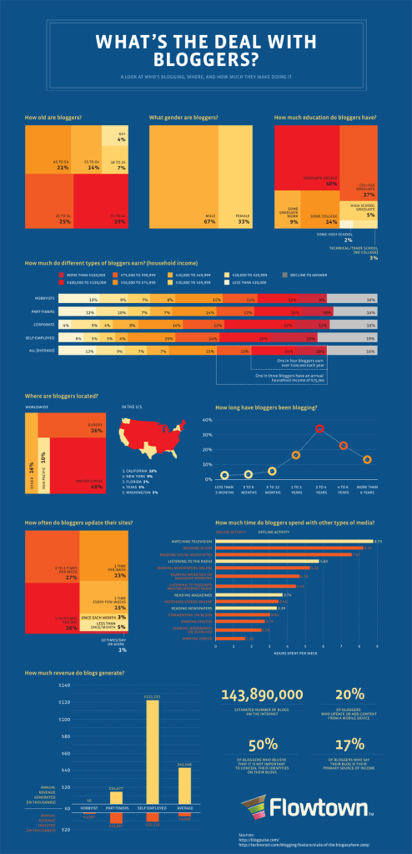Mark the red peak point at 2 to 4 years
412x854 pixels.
coord(319,429)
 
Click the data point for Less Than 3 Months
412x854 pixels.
coord(224,475)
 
